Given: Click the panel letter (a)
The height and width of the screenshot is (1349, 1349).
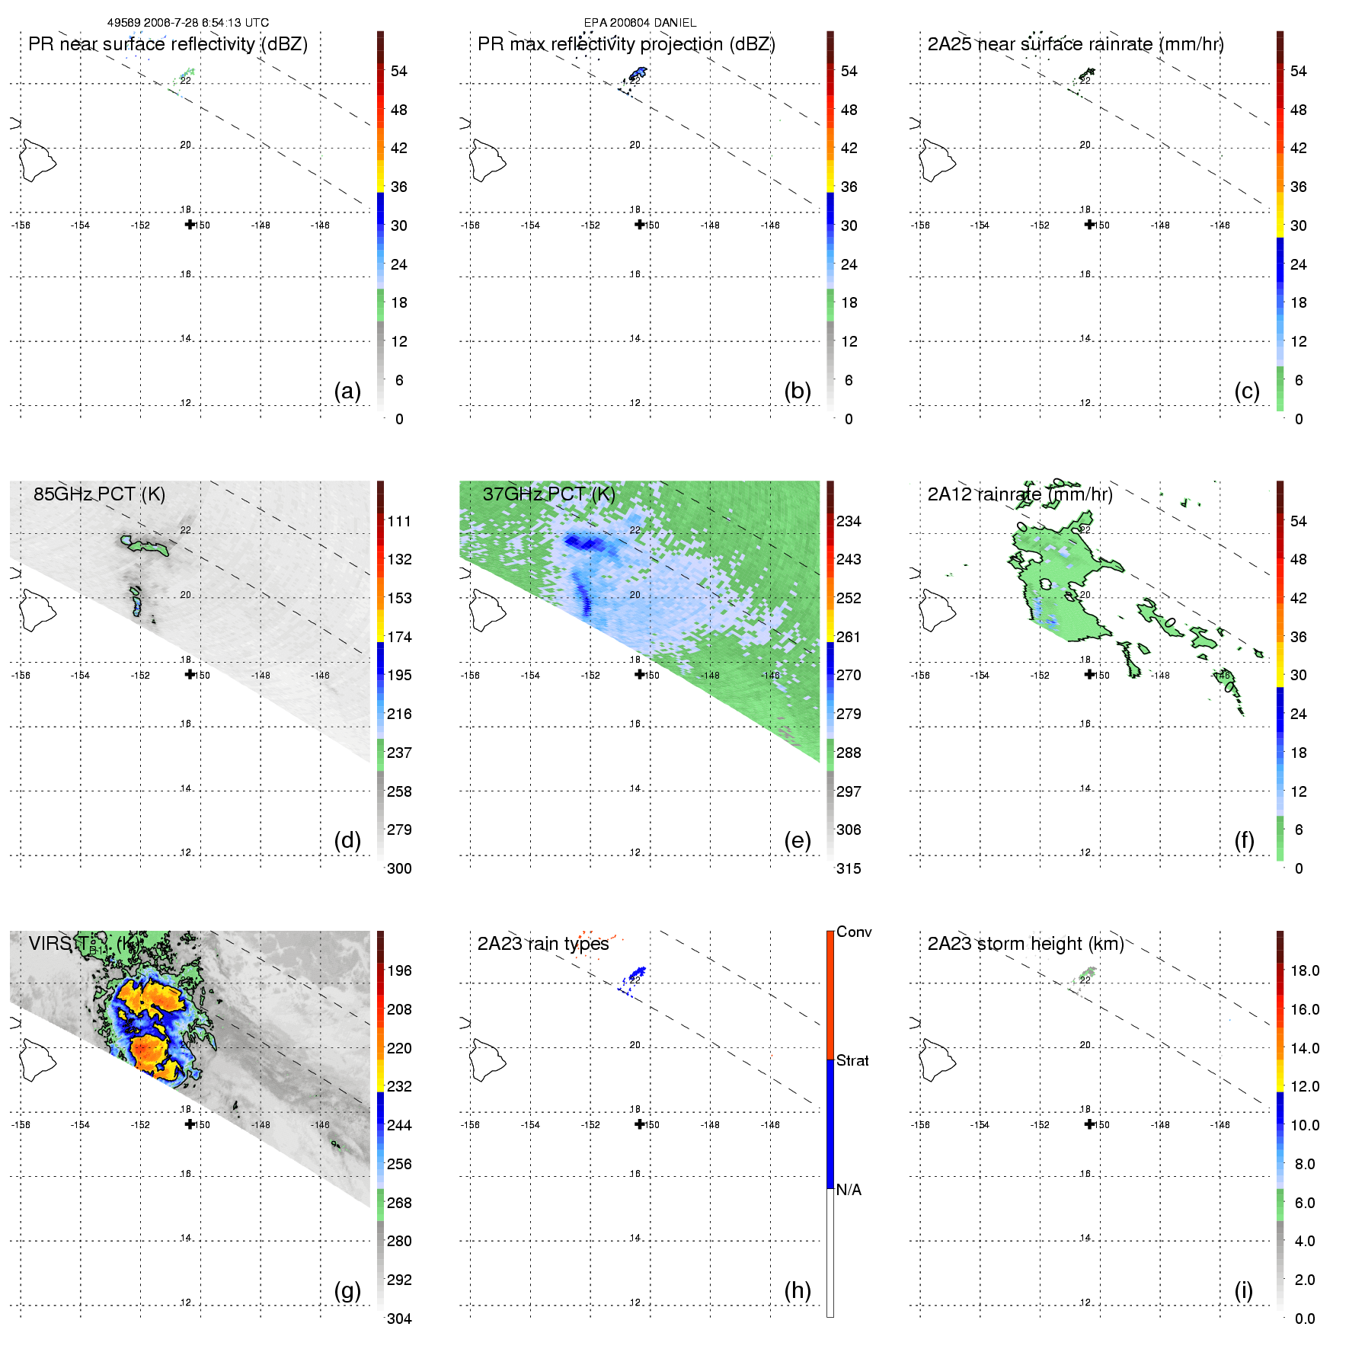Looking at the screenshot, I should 347,392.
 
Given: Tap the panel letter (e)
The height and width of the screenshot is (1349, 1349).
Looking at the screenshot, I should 798,841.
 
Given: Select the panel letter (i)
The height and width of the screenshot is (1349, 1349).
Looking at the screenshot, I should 1243,1291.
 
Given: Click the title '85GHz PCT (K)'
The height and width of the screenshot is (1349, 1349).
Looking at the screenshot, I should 99,494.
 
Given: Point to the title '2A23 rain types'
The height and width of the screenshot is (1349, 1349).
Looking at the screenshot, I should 543,944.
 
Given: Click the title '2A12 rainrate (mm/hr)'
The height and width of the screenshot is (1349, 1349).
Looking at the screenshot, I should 1020,494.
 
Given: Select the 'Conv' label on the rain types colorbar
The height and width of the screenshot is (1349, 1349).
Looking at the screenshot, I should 854,932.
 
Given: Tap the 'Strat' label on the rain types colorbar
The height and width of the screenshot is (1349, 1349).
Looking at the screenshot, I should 852,1060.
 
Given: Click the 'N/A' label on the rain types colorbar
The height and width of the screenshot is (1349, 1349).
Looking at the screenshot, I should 849,1190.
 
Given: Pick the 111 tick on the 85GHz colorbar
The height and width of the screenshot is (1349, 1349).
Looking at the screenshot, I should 399,521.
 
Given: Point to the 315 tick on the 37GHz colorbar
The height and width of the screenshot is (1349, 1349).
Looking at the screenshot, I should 849,868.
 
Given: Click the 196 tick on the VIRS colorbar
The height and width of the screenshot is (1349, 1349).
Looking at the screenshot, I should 399,970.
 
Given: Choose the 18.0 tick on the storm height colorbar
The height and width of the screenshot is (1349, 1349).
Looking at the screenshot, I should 1305,970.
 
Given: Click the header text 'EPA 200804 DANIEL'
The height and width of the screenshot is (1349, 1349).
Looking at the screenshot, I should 640,23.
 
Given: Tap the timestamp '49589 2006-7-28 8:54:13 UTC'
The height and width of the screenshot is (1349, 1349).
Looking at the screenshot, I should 188,23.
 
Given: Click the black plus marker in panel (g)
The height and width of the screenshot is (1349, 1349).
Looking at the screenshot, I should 190,1124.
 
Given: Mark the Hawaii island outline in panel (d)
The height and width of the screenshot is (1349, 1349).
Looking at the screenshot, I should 37,609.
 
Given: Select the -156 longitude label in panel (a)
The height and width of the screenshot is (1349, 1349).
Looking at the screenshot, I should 21,225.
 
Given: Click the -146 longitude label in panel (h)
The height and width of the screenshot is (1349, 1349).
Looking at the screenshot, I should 770,1125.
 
